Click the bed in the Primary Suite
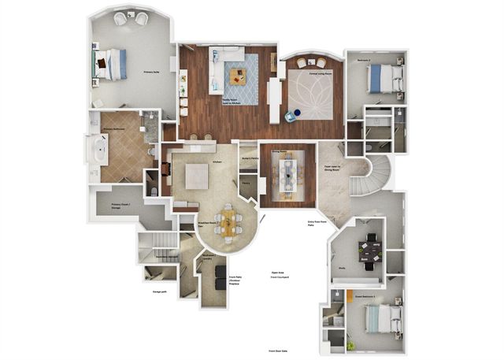click(x=111, y=64)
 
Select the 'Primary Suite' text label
click(x=152, y=72)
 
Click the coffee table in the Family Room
click(x=238, y=76)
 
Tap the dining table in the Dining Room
click(x=287, y=173)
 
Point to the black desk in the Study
click(x=369, y=250)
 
